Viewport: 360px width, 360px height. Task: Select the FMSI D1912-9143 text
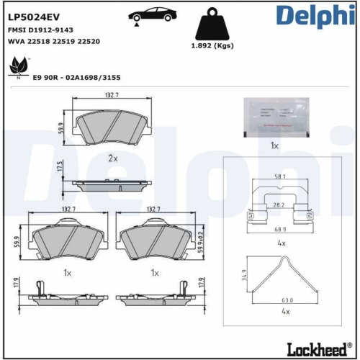click(x=40, y=30)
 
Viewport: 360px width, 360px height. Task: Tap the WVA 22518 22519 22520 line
click(x=53, y=42)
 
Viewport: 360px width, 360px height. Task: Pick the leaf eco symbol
click(x=15, y=69)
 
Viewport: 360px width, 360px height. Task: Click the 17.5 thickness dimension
click(x=60, y=167)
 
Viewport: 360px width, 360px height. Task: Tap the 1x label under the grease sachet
click(x=274, y=145)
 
